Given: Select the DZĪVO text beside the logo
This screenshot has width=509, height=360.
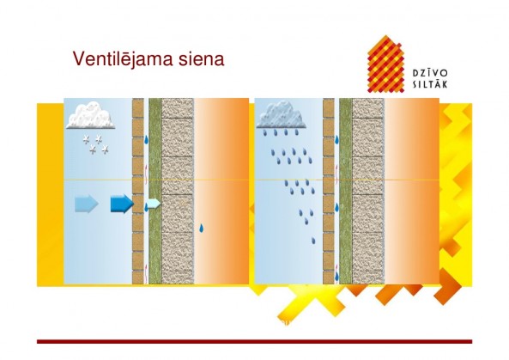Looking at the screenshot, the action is pos(430,73).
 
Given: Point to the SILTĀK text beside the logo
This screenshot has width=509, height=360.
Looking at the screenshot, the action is pos(430,84).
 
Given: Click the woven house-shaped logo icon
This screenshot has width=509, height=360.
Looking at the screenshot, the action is pos(386,64).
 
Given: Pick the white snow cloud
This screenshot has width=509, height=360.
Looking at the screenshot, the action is pos(91,115).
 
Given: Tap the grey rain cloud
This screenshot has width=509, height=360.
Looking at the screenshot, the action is pos(282,114).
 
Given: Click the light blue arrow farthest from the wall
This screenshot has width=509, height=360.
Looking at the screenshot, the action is pos(87,204).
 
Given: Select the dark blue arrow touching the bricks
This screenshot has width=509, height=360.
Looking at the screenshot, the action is pos(122,204).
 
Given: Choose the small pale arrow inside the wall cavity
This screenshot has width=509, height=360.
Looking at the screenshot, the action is pos(154,204).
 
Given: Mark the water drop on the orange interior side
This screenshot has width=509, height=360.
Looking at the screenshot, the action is pos(202,229).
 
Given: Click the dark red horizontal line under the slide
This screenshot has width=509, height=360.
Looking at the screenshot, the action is pos(254,341).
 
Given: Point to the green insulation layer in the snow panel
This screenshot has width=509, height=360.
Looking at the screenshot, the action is pos(155,191).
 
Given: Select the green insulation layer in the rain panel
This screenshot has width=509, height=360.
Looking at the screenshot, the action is pos(346,191).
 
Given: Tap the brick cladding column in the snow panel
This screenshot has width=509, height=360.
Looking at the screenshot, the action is pos(138,191).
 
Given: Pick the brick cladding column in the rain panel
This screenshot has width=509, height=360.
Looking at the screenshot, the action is pos(329,191).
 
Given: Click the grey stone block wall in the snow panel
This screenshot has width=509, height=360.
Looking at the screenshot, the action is pos(178,191).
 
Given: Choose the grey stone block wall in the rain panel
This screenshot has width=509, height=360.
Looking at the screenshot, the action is pos(368,191).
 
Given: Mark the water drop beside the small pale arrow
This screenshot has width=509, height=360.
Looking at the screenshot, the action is pos(146,207).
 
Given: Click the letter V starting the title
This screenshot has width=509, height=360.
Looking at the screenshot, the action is pos(79,58).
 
